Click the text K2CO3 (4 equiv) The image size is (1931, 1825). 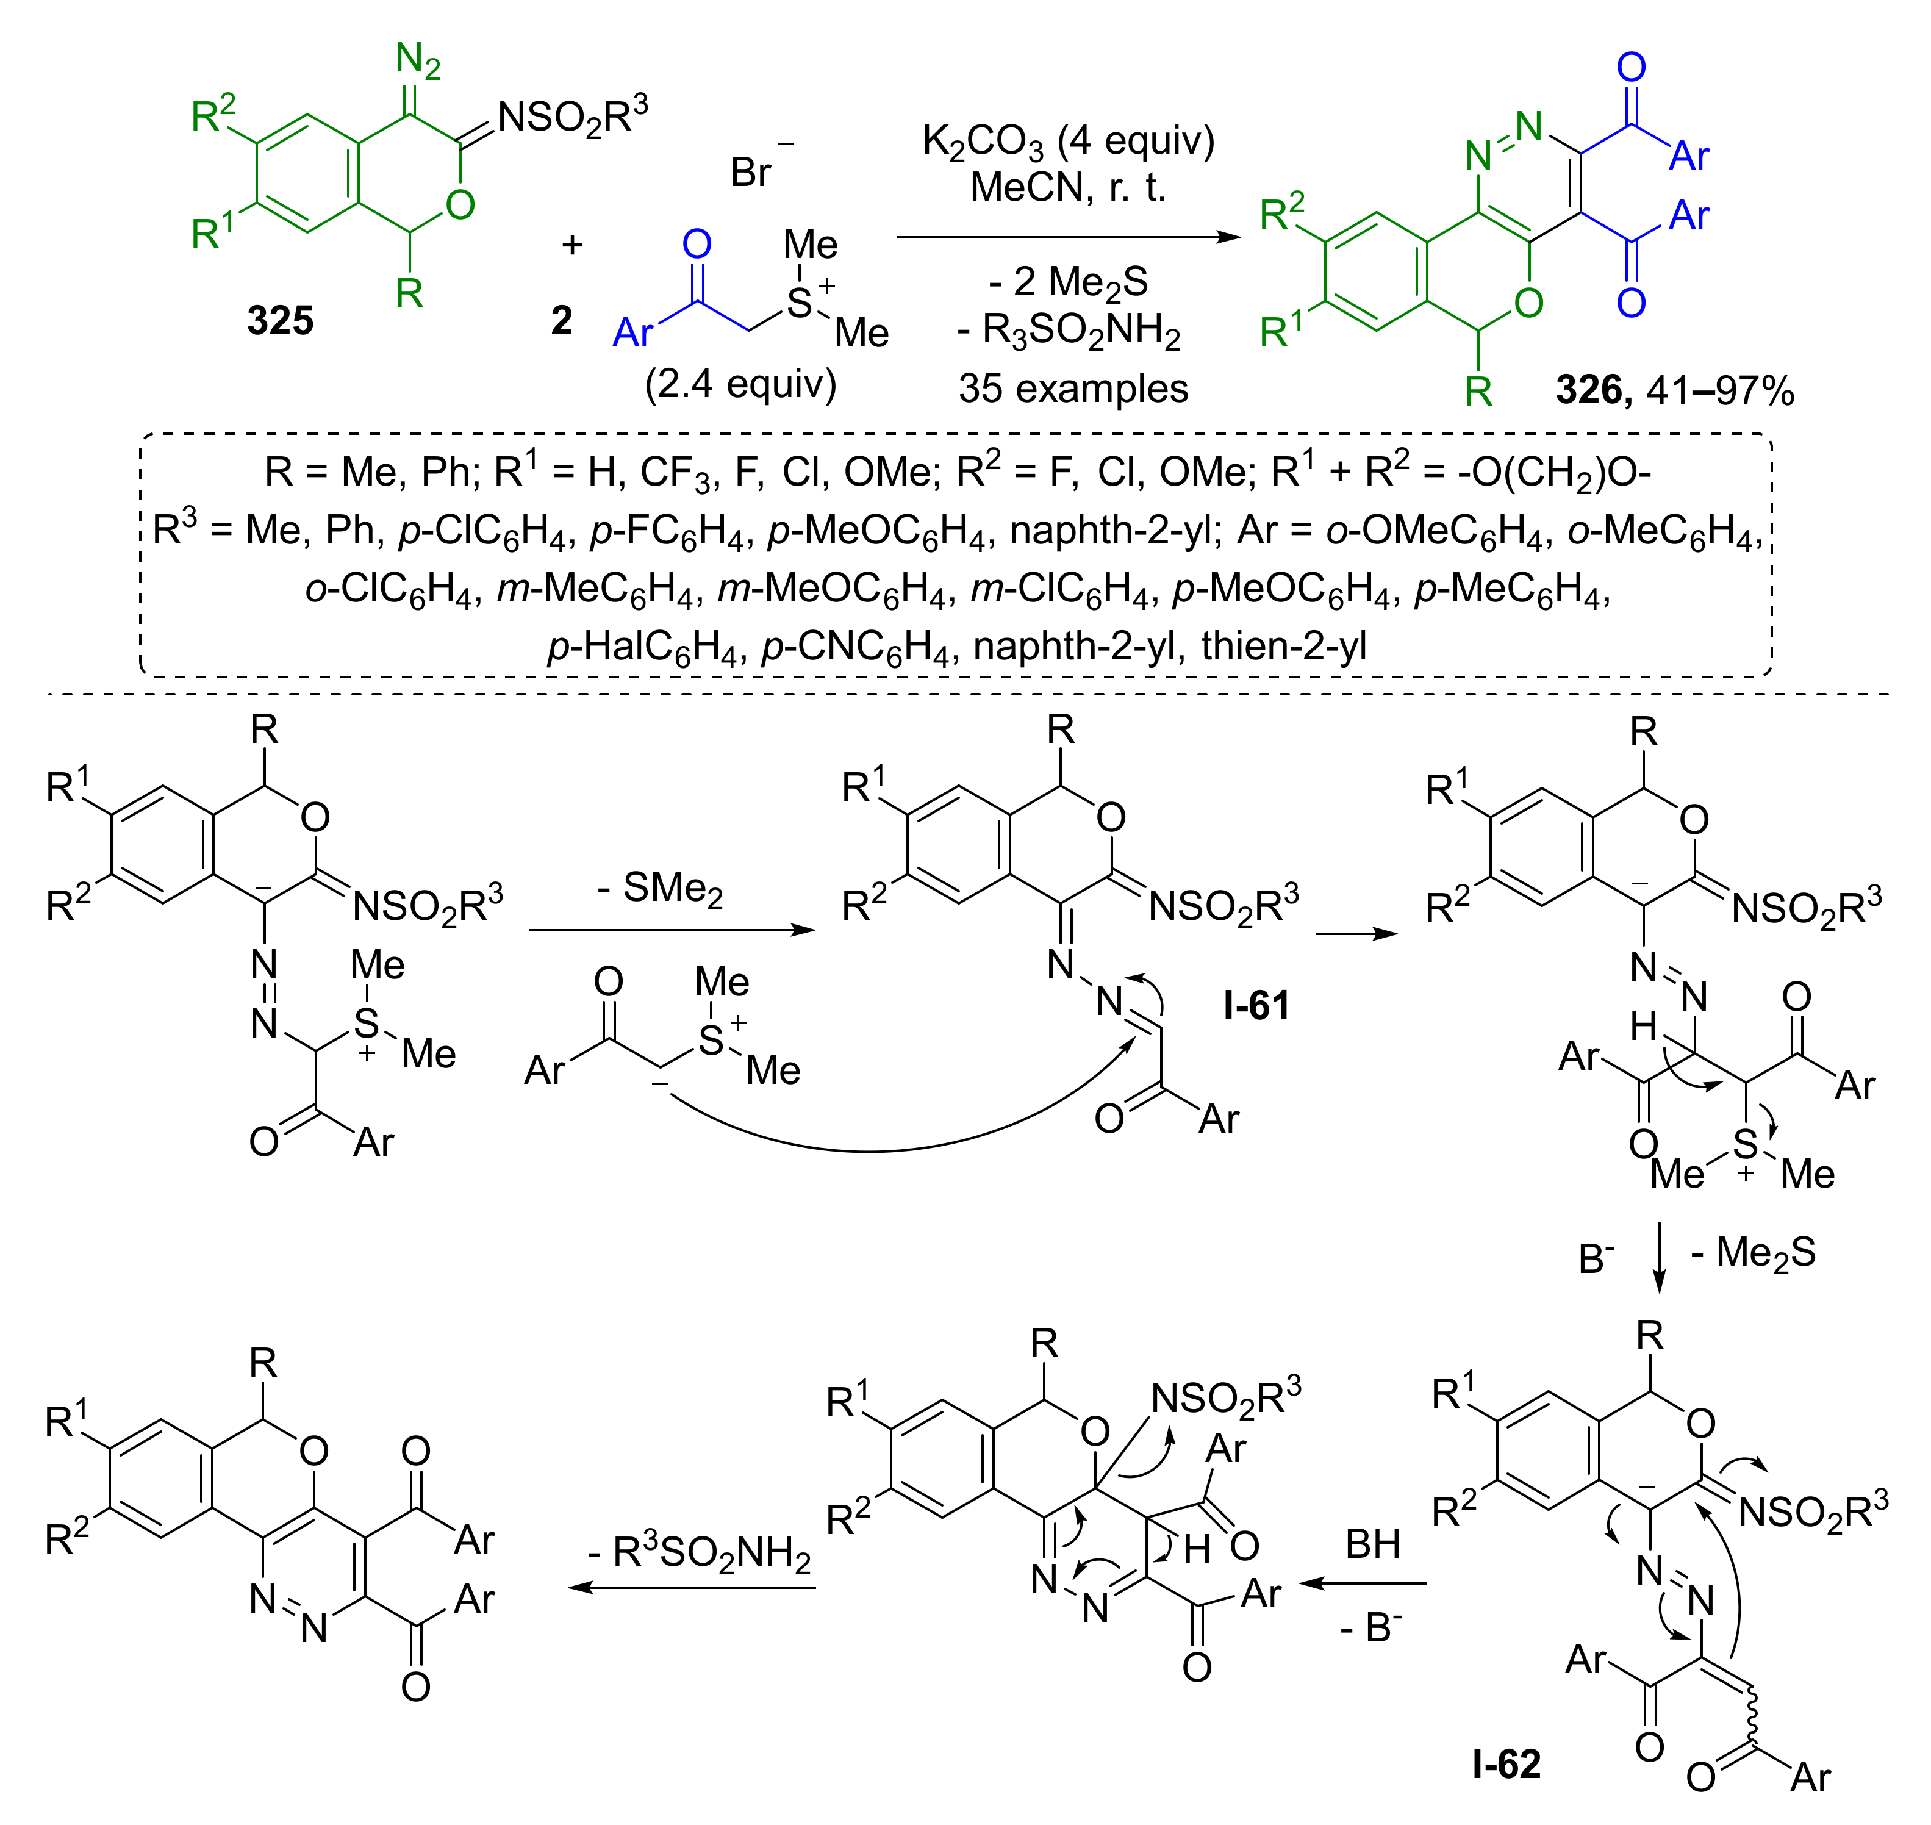point(1068,142)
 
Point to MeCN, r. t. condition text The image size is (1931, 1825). point(1068,186)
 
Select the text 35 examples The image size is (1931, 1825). point(1073,388)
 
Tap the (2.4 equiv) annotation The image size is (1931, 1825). point(740,384)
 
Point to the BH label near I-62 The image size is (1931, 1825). point(1372,1544)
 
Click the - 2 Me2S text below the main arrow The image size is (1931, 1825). point(1068,282)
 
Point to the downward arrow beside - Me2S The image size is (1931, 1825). point(1660,1258)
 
